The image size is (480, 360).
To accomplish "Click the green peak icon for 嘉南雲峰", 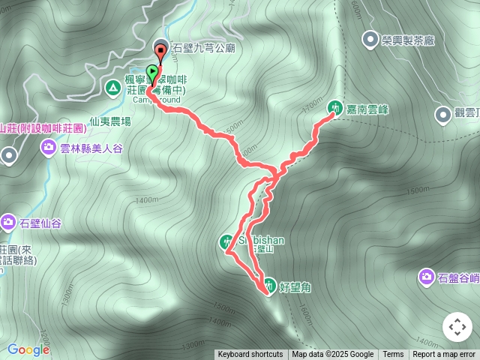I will (x=334, y=106).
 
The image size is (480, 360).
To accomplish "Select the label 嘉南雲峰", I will (x=367, y=109).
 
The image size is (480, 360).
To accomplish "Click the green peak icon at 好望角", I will (x=268, y=284).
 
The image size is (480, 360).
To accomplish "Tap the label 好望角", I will (x=294, y=286).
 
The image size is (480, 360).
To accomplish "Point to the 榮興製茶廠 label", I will (x=408, y=39).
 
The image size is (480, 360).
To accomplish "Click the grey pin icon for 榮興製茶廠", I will (x=370, y=39).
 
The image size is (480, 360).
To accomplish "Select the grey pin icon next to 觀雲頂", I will (x=442, y=114).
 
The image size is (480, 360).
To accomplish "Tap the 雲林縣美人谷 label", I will (x=91, y=148).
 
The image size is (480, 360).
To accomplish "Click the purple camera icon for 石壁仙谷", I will (x=8, y=221).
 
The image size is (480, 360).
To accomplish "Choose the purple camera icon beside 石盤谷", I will (x=426, y=277).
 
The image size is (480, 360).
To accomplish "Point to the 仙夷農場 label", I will (x=109, y=121).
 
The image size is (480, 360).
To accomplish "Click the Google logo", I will (x=28, y=349).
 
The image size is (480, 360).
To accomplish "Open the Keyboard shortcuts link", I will (x=250, y=355).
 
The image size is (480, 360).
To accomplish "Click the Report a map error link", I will (x=444, y=355).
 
